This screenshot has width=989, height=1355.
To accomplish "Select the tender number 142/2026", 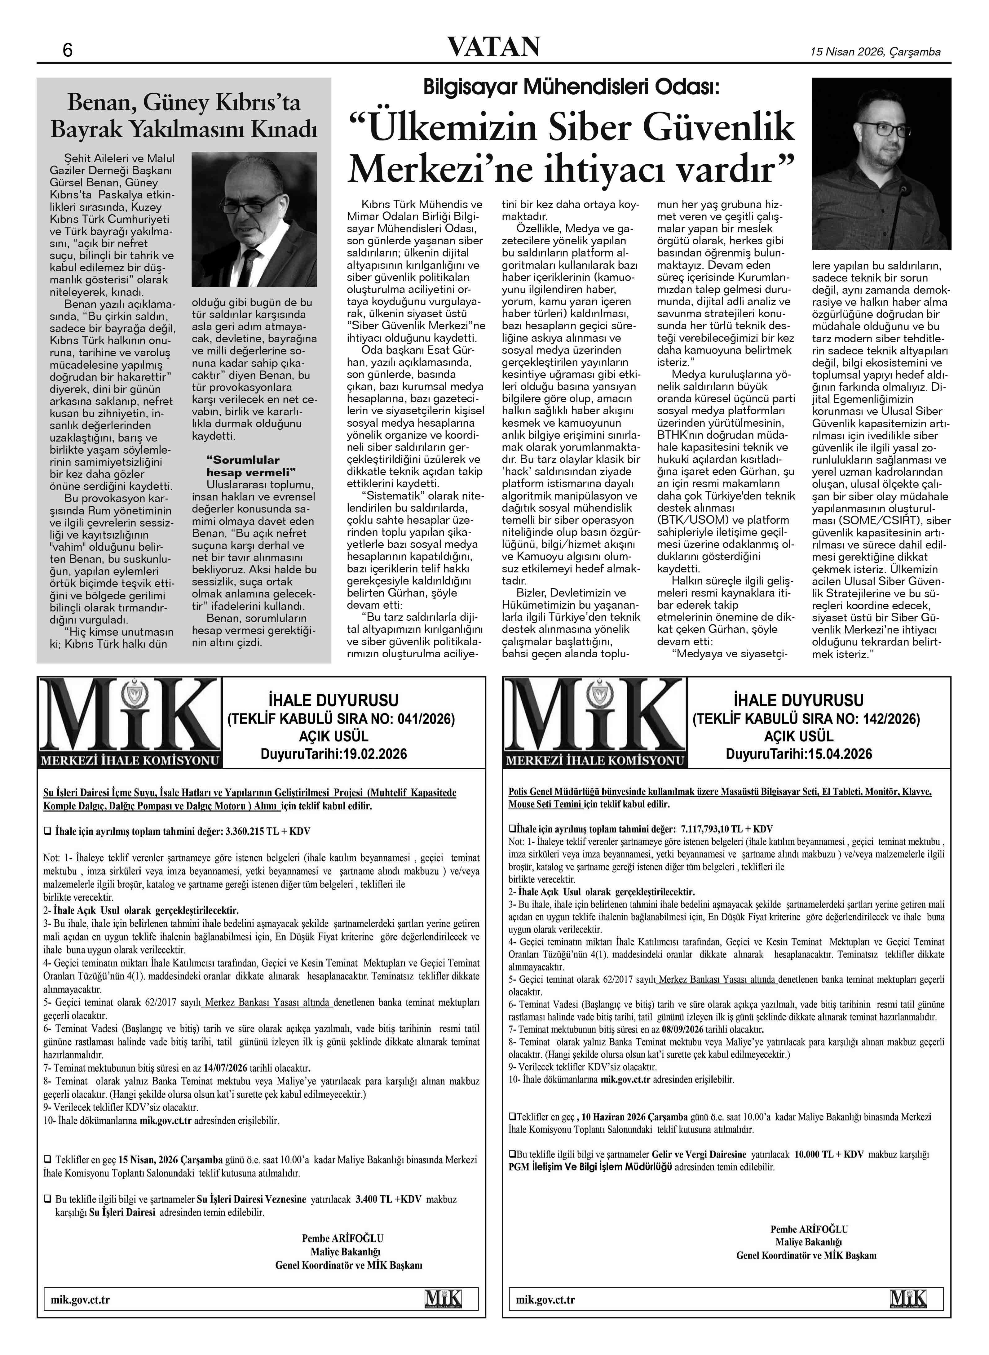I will [890, 719].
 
